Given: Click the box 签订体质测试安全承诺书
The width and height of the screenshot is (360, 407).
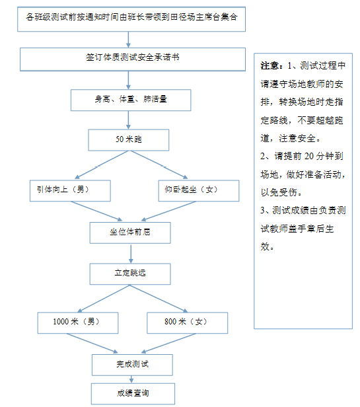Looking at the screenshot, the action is pos(133,59).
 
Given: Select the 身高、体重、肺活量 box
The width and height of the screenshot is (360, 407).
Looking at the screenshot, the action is pos(131,100).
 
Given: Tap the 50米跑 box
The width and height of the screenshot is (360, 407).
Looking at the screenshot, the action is pos(129,140).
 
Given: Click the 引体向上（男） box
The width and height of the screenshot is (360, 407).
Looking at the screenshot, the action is pos(70,191).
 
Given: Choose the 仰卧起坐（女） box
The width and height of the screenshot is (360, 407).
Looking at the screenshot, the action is pos(199,191).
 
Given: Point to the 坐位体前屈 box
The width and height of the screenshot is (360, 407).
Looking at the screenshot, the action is pos(130,233).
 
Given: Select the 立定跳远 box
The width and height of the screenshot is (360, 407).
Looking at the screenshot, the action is pos(130,274).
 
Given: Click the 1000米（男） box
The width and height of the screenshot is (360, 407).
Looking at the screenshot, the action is pos(78,323).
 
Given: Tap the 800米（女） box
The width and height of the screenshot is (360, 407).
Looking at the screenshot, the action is pos(188,323).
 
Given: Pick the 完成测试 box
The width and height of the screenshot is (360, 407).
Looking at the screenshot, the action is pos(132,365).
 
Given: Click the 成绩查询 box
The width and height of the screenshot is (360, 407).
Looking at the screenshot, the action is pos(133,394).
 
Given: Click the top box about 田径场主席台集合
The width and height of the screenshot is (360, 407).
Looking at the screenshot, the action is pos(131,19).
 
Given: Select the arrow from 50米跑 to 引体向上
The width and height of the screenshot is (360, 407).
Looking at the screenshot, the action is pos(102,165).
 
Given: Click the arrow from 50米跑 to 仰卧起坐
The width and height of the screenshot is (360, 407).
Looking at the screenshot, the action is pos(159,165).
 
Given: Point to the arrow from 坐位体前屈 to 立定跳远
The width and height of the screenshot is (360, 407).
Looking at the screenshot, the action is pos(131,254).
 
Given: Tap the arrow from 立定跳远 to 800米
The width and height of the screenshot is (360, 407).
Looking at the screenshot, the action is pos(159,299).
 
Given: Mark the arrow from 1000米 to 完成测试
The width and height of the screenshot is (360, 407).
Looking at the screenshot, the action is pos(92,343).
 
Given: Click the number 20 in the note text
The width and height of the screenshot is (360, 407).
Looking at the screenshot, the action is pos(309,156).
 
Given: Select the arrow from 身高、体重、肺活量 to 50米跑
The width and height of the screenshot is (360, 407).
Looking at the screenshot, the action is pos(128,120).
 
